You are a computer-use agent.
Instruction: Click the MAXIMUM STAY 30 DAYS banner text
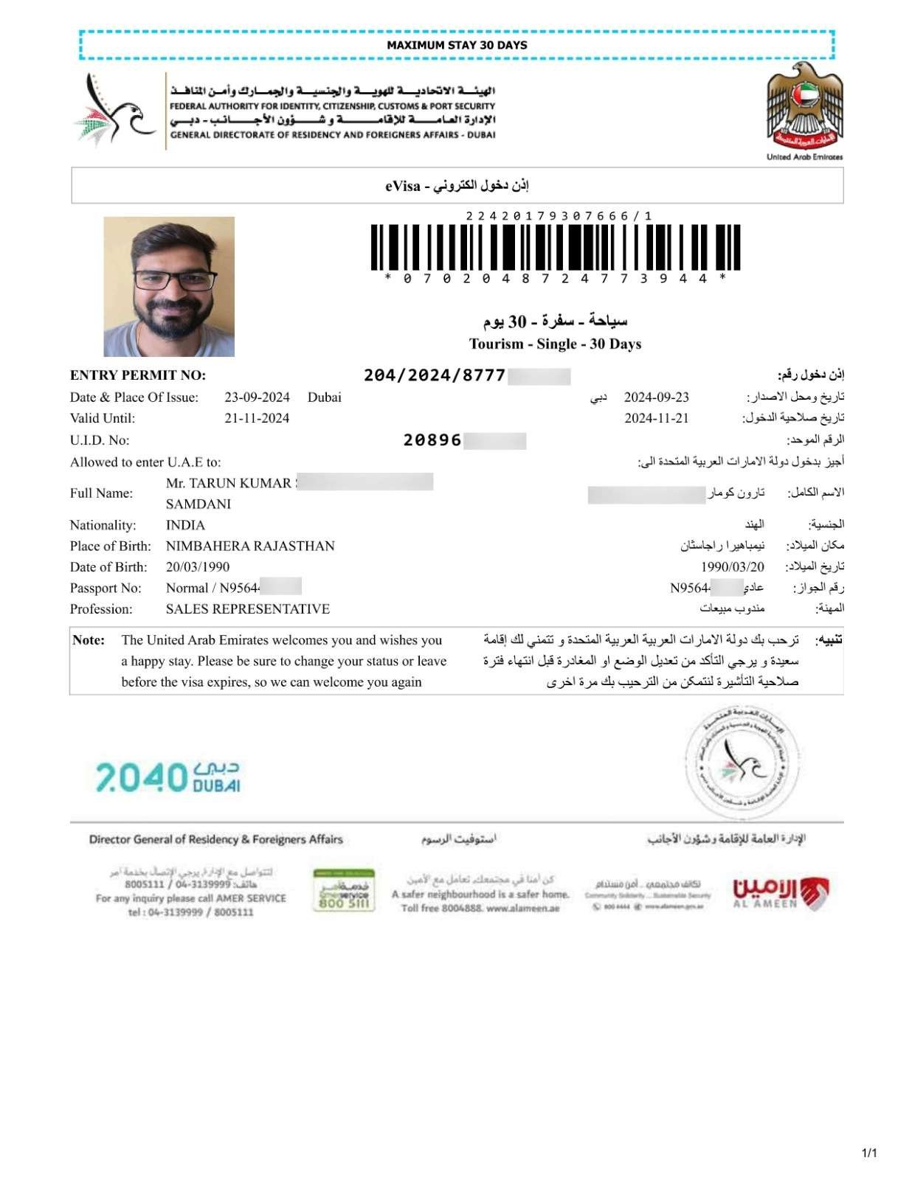click(457, 45)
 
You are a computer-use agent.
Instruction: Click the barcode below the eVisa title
click(555, 247)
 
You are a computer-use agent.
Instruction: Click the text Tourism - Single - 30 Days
click(555, 344)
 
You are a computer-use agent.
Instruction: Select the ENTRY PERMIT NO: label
click(138, 375)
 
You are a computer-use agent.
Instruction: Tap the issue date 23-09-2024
click(257, 398)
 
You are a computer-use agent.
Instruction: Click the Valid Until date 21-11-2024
click(257, 418)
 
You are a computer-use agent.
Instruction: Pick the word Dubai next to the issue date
click(325, 398)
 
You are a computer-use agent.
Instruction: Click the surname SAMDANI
click(198, 504)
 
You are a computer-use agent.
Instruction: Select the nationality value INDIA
click(185, 525)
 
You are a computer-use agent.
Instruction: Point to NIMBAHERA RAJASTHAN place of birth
click(250, 546)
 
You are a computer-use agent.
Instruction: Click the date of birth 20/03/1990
click(198, 567)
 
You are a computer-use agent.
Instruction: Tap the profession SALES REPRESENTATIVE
click(248, 609)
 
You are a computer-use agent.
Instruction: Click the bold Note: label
click(89, 640)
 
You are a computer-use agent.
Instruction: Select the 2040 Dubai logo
click(167, 777)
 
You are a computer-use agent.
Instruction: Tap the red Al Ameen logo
click(780, 892)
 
